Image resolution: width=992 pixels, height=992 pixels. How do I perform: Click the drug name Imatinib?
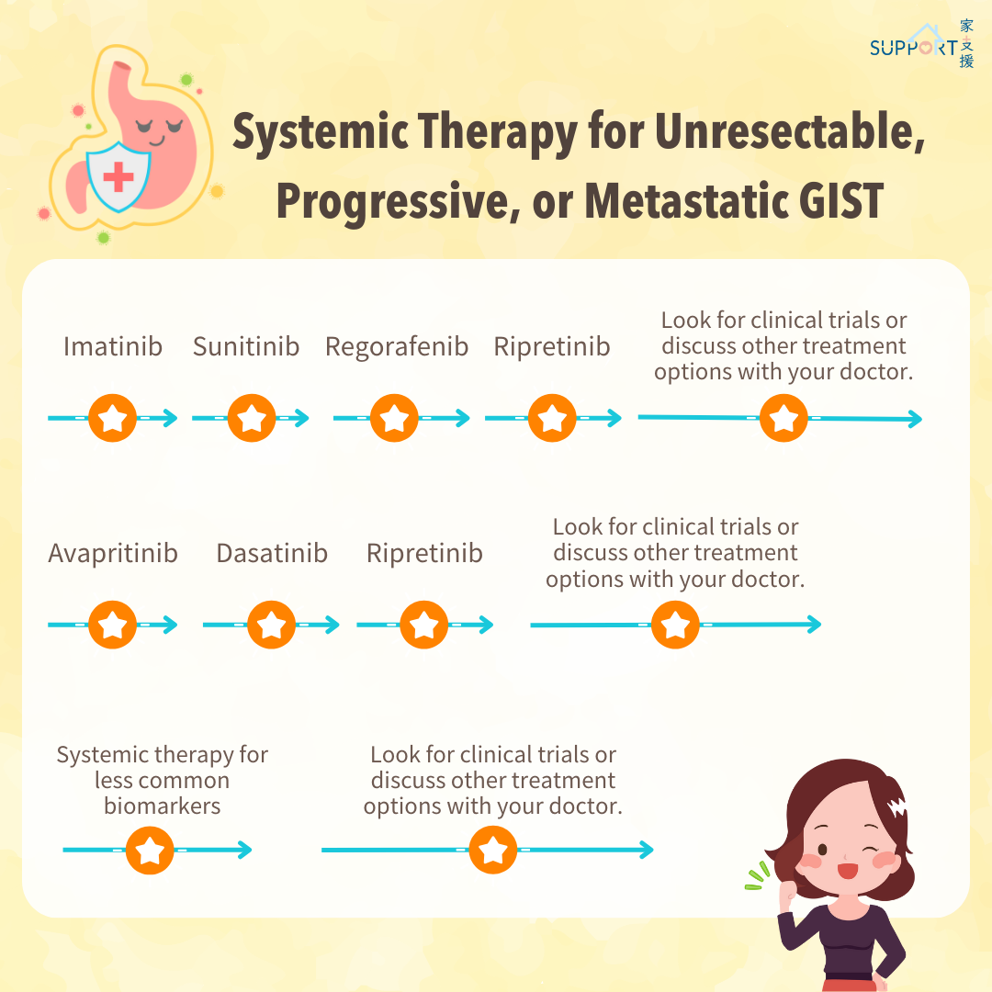tap(113, 346)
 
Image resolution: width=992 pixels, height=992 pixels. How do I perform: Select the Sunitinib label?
tap(246, 346)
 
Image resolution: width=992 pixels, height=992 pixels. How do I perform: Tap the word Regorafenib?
tap(397, 347)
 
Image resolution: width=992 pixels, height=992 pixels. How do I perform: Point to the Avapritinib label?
tap(113, 554)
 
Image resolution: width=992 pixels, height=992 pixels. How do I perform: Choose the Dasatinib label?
tap(272, 553)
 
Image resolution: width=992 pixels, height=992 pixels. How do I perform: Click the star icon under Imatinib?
tap(113, 418)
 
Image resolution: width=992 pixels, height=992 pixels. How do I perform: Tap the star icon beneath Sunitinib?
tap(251, 418)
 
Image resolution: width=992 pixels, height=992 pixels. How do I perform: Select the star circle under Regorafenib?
tap(394, 418)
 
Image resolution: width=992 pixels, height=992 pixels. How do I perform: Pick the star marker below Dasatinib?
tap(271, 626)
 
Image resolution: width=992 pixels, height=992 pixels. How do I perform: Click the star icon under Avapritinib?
tap(113, 626)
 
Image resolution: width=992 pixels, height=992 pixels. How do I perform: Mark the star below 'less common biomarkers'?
tap(150, 851)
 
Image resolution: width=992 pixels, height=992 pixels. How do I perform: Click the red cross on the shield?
tap(118, 175)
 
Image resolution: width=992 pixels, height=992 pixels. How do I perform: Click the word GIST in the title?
tap(840, 201)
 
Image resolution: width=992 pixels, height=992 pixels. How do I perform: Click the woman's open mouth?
tap(847, 871)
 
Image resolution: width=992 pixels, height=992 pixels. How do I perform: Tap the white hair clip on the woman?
tap(897, 806)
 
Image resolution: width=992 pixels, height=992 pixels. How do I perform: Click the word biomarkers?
tap(163, 806)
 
